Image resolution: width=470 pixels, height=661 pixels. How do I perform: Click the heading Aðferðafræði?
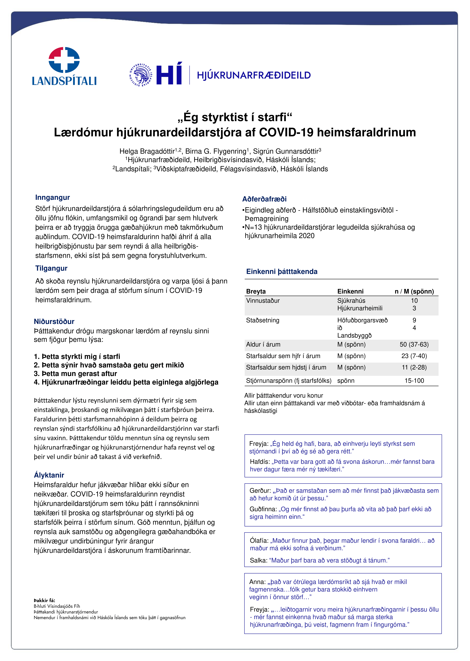click(264, 199)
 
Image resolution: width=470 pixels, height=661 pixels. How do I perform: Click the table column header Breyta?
click(256, 291)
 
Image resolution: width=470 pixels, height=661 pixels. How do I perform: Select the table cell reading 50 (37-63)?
click(414, 344)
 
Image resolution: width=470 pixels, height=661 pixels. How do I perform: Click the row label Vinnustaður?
click(263, 301)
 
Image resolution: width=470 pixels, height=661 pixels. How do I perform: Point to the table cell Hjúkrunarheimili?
click(360, 308)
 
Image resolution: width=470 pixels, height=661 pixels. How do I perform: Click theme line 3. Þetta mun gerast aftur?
click(75, 374)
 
